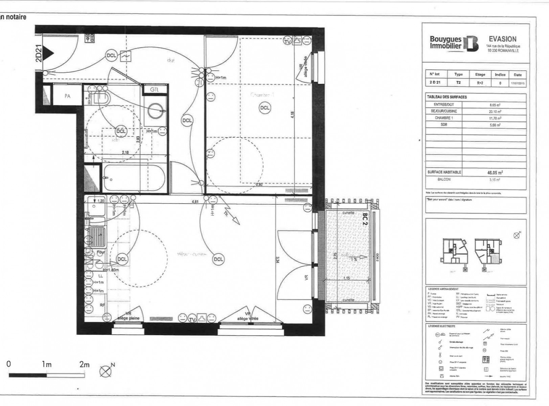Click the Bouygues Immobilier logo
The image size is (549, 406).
click(454, 43)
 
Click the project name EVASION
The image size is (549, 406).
click(503, 39)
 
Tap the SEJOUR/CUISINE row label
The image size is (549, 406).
click(444, 111)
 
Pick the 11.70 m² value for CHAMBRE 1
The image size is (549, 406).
click(495, 118)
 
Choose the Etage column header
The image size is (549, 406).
click(480, 74)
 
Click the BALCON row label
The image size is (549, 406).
click(444, 180)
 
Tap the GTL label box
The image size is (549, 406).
click(154, 90)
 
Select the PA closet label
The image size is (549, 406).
click(67, 96)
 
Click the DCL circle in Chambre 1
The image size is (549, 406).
click(265, 108)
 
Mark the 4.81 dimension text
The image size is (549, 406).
click(195, 202)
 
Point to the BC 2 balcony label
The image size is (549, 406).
click(365, 219)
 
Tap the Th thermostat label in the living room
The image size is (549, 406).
click(226, 213)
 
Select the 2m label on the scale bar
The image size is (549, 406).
click(84, 364)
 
